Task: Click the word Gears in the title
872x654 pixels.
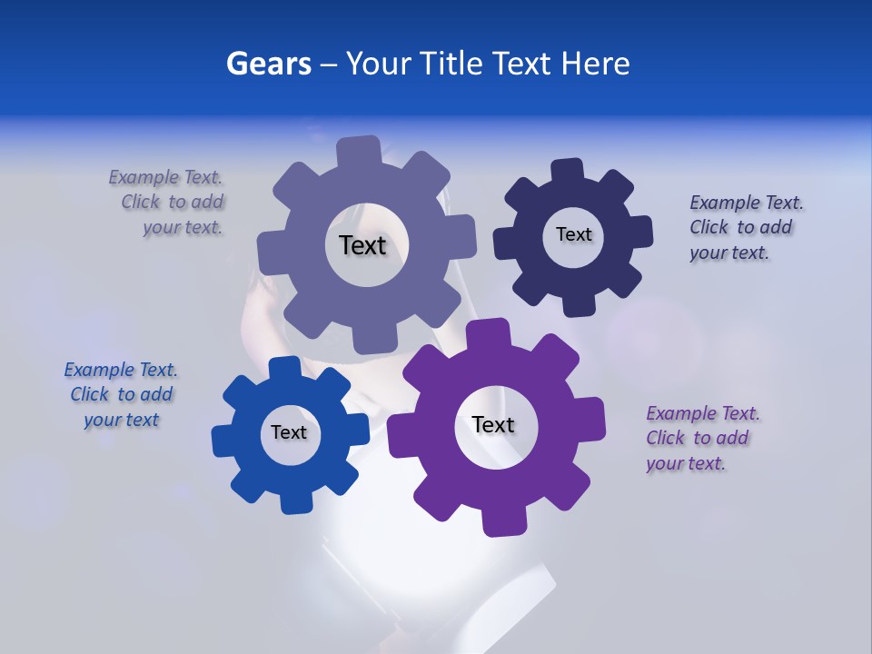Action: pyautogui.click(x=268, y=64)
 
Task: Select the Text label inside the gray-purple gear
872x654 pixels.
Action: pyautogui.click(x=362, y=245)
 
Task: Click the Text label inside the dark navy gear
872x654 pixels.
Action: pyautogui.click(x=573, y=234)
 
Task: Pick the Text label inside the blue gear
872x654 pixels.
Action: pyautogui.click(x=289, y=432)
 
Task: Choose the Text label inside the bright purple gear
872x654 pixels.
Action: pyautogui.click(x=493, y=424)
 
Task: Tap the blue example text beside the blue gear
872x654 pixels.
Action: pyautogui.click(x=120, y=394)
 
